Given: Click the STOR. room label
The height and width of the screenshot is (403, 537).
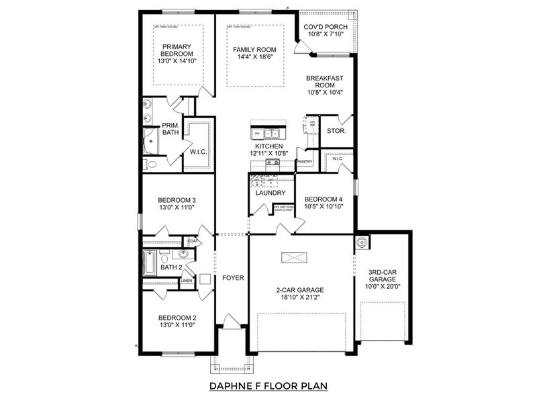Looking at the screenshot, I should pyautogui.click(x=336, y=131).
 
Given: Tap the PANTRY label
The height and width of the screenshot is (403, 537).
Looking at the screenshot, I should pyautogui.click(x=305, y=161).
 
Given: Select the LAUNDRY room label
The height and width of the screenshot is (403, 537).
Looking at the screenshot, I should pyautogui.click(x=271, y=193).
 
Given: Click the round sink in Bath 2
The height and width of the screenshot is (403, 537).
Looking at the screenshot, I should pyautogui.click(x=183, y=255).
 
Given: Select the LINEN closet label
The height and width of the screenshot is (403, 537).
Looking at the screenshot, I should pyautogui.click(x=186, y=281).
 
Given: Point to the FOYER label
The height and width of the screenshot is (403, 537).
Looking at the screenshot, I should pyautogui.click(x=233, y=277).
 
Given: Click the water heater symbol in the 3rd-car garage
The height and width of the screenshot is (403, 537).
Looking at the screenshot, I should pyautogui.click(x=362, y=241).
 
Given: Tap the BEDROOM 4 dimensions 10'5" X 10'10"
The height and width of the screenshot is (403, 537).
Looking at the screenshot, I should pyautogui.click(x=324, y=208).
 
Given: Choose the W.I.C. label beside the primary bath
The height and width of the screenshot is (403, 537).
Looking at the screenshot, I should pyautogui.click(x=198, y=151).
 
